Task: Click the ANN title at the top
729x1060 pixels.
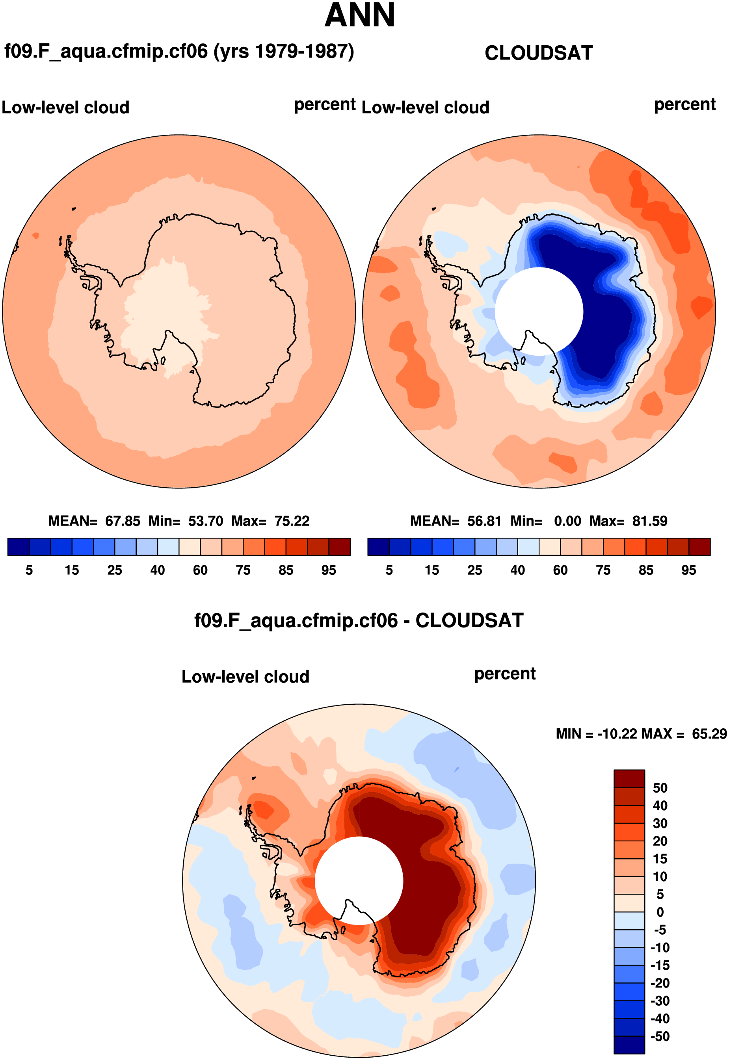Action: pos(359,16)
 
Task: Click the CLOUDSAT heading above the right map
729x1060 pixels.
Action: pos(539,54)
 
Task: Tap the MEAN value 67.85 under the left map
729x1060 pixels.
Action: pos(123,521)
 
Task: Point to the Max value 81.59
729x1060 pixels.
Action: pos(649,521)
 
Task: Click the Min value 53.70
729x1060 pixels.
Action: pos(206,521)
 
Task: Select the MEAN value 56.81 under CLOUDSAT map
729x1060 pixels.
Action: pos(484,521)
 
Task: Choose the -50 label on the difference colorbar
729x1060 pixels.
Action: pos(660,1036)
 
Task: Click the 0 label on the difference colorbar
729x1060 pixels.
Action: pos(660,912)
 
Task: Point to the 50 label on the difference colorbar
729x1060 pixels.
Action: pos(660,788)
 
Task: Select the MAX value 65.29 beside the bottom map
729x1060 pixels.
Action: pos(709,734)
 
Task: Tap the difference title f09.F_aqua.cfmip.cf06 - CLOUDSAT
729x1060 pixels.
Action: pos(359,621)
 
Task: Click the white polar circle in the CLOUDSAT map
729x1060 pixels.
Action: pos(539,311)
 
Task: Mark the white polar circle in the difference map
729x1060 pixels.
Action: pos(359,881)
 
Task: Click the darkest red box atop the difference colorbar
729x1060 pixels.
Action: pos(629,779)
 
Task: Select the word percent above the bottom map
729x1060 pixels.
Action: pos(505,674)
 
